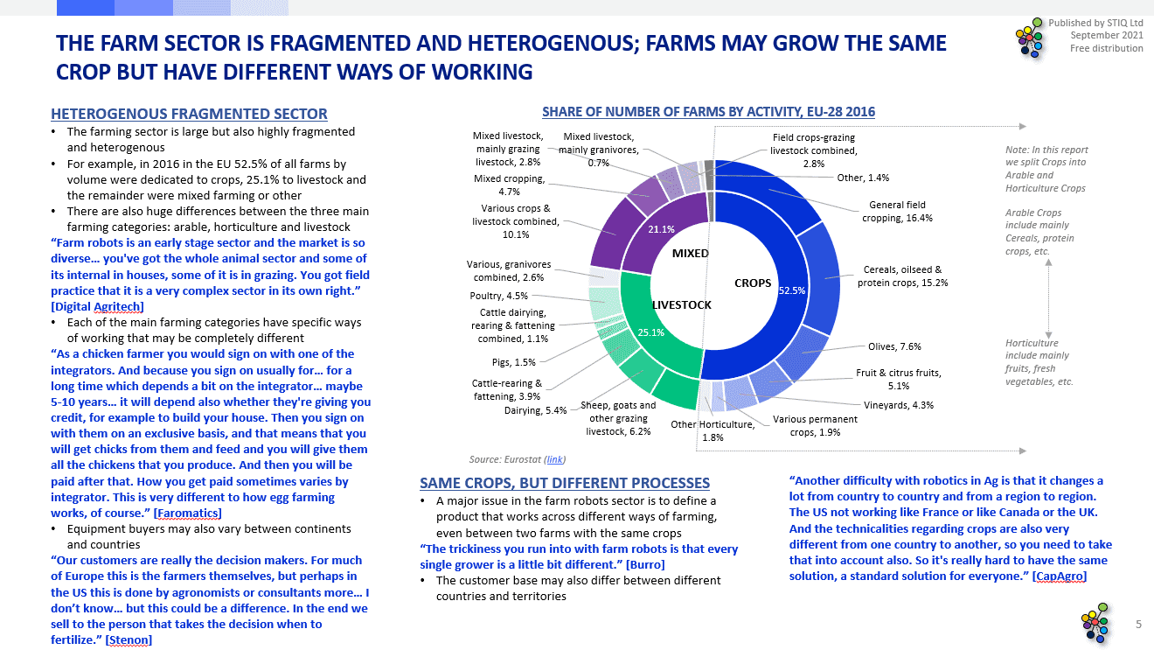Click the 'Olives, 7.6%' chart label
[894, 346]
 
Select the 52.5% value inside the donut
[792, 290]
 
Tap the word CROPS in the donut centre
[753, 283]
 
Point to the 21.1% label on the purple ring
[660, 229]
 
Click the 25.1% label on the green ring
[651, 332]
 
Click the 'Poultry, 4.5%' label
[499, 296]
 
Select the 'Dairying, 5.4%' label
[535, 410]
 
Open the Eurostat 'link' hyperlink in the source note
[554, 458]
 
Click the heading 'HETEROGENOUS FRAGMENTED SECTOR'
[189, 114]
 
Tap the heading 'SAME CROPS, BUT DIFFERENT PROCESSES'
[565, 483]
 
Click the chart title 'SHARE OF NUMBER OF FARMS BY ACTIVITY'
[708, 112]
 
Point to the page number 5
[1138, 624]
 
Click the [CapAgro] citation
[1060, 577]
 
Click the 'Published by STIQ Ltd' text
[1095, 22]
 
